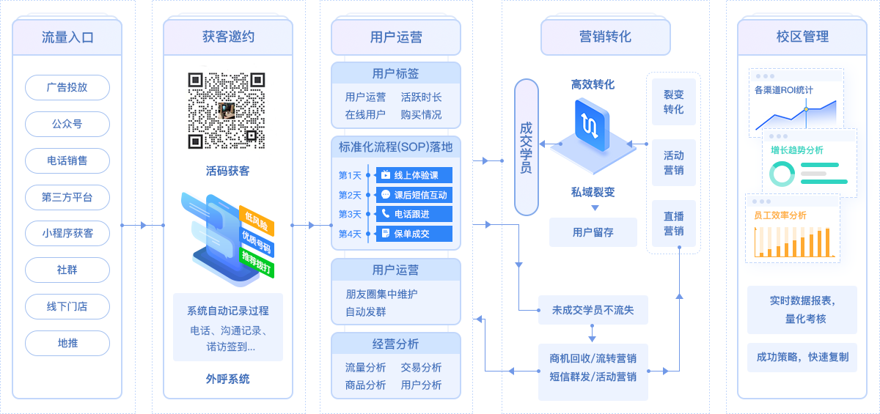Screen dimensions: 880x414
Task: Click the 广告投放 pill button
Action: pos(67,87)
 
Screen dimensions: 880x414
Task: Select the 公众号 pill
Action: pos(67,124)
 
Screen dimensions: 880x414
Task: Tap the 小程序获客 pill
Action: pos(67,234)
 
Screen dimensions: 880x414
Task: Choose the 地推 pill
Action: pos(67,344)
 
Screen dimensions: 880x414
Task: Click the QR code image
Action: pos(227,111)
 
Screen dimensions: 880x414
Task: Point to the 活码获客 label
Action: pos(228,171)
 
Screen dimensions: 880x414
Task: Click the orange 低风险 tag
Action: pos(256,221)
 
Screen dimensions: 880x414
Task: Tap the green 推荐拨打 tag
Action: pos(256,262)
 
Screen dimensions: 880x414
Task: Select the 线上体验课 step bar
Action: pos(414,175)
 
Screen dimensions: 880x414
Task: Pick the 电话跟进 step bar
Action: pos(414,214)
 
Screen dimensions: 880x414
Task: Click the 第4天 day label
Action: pos(350,234)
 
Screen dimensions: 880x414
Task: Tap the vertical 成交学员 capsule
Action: pos(527,147)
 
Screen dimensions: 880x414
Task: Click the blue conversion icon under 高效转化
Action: pos(592,125)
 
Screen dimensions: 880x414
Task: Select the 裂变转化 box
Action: pos(674,102)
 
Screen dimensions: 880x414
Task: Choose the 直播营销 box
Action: pos(674,223)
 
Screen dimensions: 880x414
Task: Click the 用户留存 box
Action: pos(593,232)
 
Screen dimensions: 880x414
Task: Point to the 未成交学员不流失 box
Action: pos(593,310)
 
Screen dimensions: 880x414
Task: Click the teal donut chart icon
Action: pos(782,174)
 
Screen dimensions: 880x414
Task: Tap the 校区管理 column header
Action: pos(802,37)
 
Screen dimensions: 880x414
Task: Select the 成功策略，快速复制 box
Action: pos(802,357)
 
